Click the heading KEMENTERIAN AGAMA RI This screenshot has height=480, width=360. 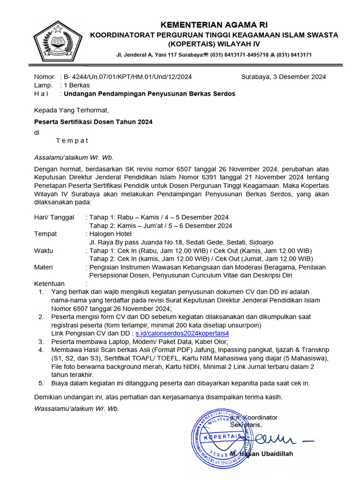point(214,25)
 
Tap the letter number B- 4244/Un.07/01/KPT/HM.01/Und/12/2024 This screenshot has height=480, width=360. point(127,77)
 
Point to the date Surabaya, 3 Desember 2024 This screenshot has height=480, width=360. point(284,77)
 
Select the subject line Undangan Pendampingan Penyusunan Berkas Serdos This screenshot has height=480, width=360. point(150,94)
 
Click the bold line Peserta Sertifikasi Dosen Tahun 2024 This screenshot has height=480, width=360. point(93,121)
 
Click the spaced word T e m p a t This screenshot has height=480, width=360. point(72,141)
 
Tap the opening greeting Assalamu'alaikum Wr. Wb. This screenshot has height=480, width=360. point(74,157)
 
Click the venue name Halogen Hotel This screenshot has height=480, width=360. point(111,234)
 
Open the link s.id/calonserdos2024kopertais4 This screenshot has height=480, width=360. point(182,333)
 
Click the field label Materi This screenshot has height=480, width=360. point(43,267)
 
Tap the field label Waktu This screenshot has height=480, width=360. point(44,251)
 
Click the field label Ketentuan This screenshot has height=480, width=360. point(49,284)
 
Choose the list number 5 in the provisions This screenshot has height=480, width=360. point(41,383)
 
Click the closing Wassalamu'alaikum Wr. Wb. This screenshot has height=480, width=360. point(76,408)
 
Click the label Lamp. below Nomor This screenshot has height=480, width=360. point(43,85)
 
